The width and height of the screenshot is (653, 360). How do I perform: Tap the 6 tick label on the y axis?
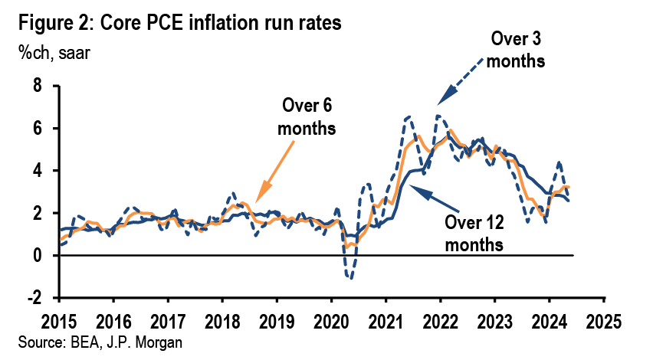[x=36, y=128]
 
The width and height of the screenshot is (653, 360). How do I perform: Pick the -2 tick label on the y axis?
[x=33, y=298]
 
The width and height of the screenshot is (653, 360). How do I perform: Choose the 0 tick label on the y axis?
[x=36, y=255]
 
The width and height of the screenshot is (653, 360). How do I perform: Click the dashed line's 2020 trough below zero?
[x=349, y=277]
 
